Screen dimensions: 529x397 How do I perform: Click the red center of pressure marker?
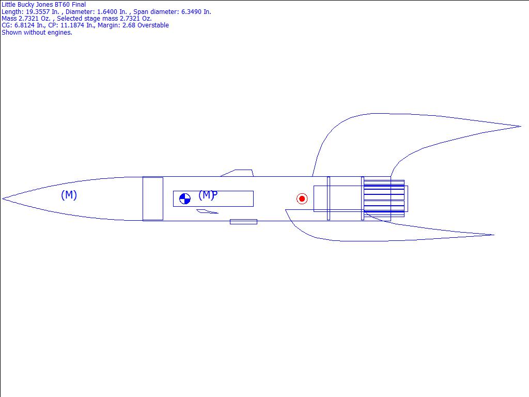302,198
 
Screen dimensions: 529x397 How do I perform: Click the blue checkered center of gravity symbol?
185,199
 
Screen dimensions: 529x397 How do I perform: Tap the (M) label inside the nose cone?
69,195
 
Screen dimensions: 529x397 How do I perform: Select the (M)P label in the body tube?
208,195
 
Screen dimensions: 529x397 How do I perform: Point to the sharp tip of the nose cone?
3,199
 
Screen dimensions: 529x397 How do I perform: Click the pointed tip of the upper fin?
521,126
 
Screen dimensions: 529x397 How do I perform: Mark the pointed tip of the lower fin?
494,235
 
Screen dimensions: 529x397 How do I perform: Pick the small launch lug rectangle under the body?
244,222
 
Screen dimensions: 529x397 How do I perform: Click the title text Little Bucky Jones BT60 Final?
44,4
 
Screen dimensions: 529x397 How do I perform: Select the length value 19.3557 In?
42,11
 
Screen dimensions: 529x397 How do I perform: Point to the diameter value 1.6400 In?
112,11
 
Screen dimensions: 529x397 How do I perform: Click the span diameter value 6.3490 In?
196,11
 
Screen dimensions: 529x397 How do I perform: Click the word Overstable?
153,25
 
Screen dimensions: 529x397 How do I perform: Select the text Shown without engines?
37,33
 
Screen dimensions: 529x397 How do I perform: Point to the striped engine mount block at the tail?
384,198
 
